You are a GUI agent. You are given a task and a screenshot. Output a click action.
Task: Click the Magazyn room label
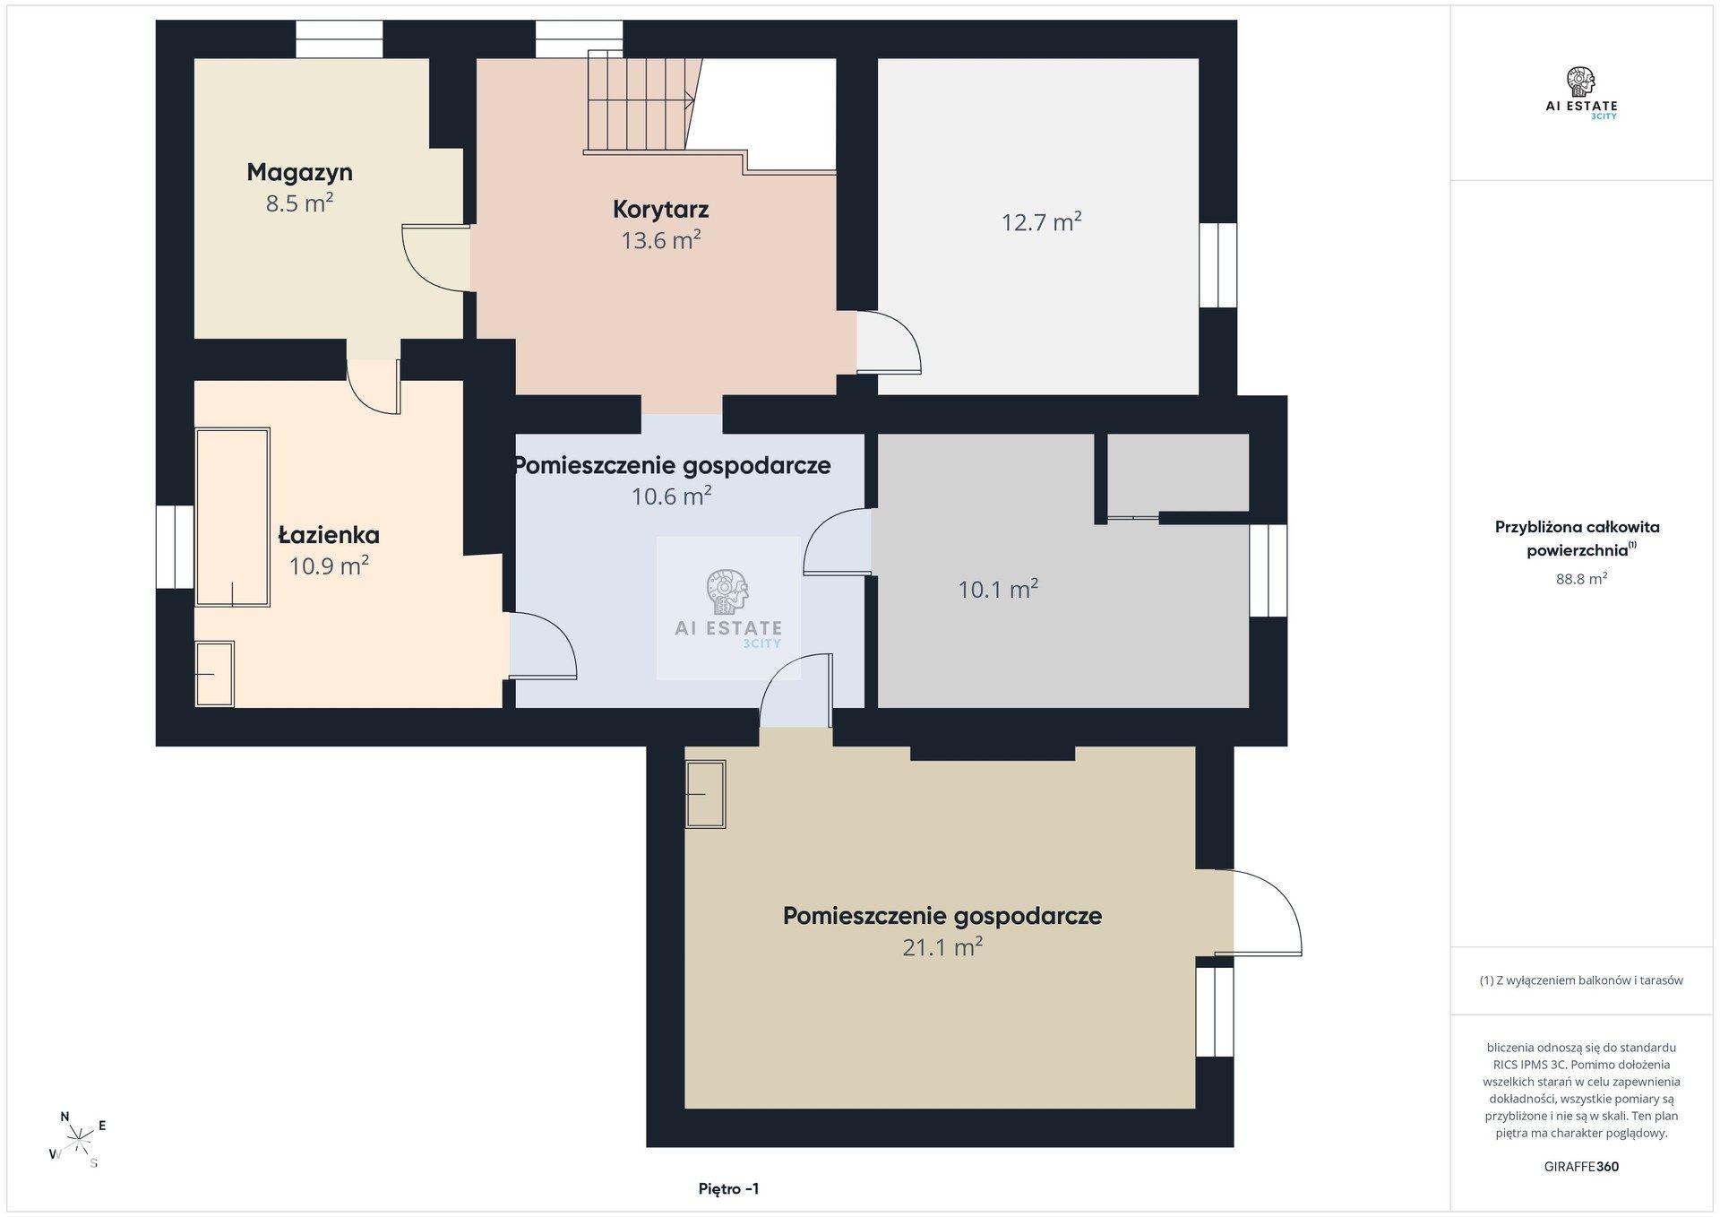pos(299,172)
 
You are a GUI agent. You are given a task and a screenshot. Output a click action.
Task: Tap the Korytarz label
pos(661,209)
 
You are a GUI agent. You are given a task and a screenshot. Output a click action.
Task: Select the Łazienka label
pos(329,535)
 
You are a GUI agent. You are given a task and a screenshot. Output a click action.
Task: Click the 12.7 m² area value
pos(1041,221)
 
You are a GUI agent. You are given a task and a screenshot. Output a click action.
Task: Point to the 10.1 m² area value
pos(998,589)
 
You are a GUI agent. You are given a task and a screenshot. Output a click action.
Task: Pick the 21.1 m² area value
pos(942,946)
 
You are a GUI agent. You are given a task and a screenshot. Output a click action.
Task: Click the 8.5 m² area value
pos(299,203)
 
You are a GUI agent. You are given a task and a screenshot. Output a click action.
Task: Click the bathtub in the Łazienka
pos(233,516)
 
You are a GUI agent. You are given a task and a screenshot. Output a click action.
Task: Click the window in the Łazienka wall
pos(176,547)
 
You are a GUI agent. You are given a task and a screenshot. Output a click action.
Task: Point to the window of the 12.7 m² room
pos(1218,264)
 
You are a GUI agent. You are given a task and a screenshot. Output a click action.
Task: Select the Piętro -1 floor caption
pos(728,1189)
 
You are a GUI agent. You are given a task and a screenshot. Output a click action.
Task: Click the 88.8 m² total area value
pos(1581,579)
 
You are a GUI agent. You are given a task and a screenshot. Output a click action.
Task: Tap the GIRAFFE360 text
pos(1581,1167)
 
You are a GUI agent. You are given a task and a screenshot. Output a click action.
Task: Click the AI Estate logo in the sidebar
pos(1581,93)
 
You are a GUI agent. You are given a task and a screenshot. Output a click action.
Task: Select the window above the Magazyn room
pos(340,39)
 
